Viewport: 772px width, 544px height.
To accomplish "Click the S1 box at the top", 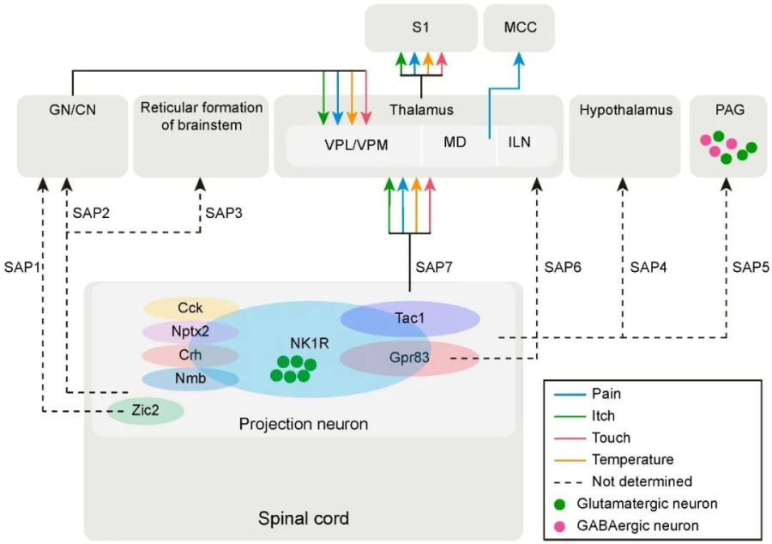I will click(x=420, y=27).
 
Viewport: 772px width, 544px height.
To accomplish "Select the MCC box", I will click(x=521, y=27).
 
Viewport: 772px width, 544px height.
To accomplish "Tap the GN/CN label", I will click(x=72, y=111).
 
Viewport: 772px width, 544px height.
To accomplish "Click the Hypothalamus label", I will click(x=625, y=111).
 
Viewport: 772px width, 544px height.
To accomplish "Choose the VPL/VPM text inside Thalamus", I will click(x=353, y=144).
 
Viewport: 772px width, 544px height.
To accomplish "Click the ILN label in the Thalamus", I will click(x=519, y=142).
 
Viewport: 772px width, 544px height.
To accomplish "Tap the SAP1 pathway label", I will click(x=22, y=267).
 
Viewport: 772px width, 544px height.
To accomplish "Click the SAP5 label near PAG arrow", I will click(x=751, y=267).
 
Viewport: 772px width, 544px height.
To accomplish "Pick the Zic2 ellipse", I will click(x=144, y=411).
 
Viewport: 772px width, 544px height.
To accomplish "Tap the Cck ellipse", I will click(x=190, y=308).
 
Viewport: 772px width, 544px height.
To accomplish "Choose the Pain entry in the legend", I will click(x=606, y=394).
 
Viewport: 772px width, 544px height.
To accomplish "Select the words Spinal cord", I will click(x=304, y=518).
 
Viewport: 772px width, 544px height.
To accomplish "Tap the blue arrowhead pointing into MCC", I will click(x=520, y=57).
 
